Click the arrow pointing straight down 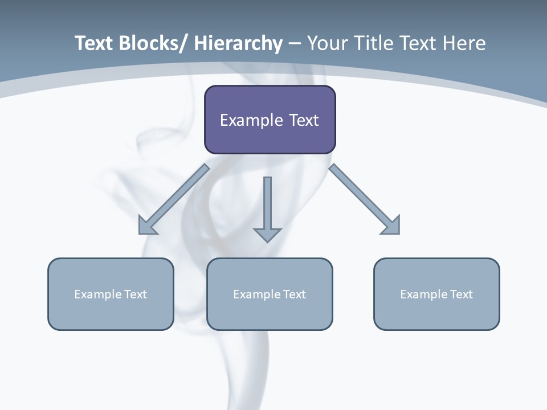pos(267,208)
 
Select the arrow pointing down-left pos(174,199)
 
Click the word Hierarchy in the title pos(238,43)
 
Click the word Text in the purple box pos(303,120)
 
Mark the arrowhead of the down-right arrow pos(391,225)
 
